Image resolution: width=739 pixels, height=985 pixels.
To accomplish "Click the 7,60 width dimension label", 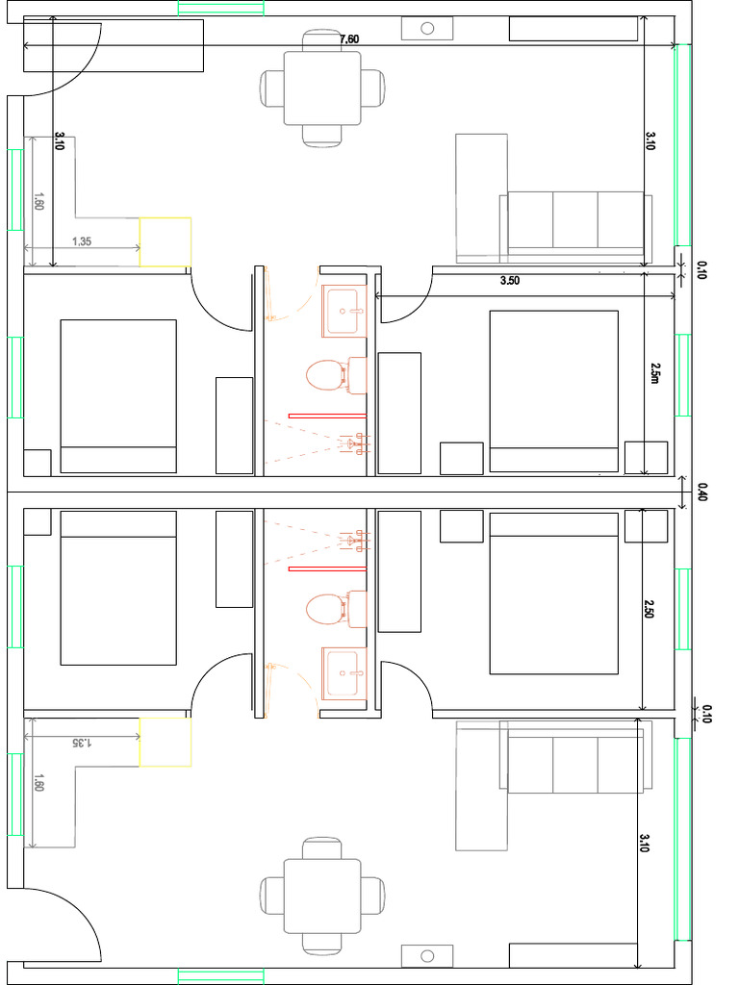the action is coord(348,38).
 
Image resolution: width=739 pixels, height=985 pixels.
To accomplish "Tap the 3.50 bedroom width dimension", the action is coord(510,281).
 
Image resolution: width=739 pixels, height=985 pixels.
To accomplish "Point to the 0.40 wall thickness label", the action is coord(701,492).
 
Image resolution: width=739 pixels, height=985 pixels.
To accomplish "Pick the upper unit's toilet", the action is coord(336,375).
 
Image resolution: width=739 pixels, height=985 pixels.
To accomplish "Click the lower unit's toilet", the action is coord(336,609).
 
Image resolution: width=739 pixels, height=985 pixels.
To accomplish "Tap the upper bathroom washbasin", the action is coord(344,311).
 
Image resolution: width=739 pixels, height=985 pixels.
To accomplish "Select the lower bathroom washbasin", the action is coord(344,673).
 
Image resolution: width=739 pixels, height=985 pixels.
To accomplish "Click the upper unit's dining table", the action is coord(322,88).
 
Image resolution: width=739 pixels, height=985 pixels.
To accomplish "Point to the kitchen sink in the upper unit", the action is coord(427,28).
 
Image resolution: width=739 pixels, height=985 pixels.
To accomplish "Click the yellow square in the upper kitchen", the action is coord(166,241).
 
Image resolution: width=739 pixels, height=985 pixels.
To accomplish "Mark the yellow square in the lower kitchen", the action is coord(166,742).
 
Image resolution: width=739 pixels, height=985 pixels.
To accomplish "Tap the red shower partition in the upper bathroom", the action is coord(327,416).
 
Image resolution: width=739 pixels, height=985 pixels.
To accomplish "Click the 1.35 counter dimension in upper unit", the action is coord(82,241).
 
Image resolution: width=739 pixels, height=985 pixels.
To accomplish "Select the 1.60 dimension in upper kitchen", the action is coord(38,201).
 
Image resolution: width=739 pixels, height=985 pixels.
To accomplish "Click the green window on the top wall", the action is coord(220,8).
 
